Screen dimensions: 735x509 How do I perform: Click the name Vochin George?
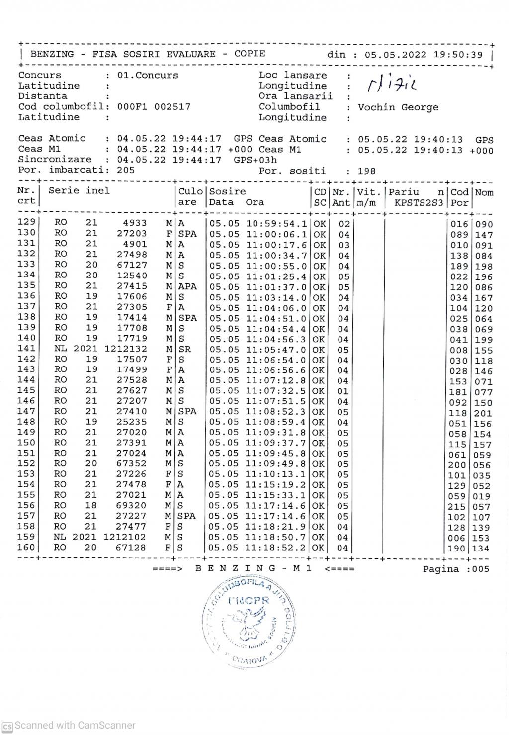pyautogui.click(x=398, y=107)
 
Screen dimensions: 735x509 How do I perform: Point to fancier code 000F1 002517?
pyautogui.click(x=154, y=107)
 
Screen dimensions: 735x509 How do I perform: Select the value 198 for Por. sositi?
pyautogui.click(x=366, y=171)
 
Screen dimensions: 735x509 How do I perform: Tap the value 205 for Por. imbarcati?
pyautogui.click(x=126, y=170)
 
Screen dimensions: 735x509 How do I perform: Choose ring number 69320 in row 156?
pyautogui.click(x=131, y=506)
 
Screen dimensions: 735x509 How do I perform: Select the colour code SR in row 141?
pyautogui.click(x=184, y=350)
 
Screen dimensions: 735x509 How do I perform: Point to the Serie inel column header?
pyautogui.click(x=79, y=191)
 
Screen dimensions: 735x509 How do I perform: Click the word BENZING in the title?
pyautogui.click(x=52, y=54)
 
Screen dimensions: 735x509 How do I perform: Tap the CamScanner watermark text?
pyautogui.click(x=75, y=726)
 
